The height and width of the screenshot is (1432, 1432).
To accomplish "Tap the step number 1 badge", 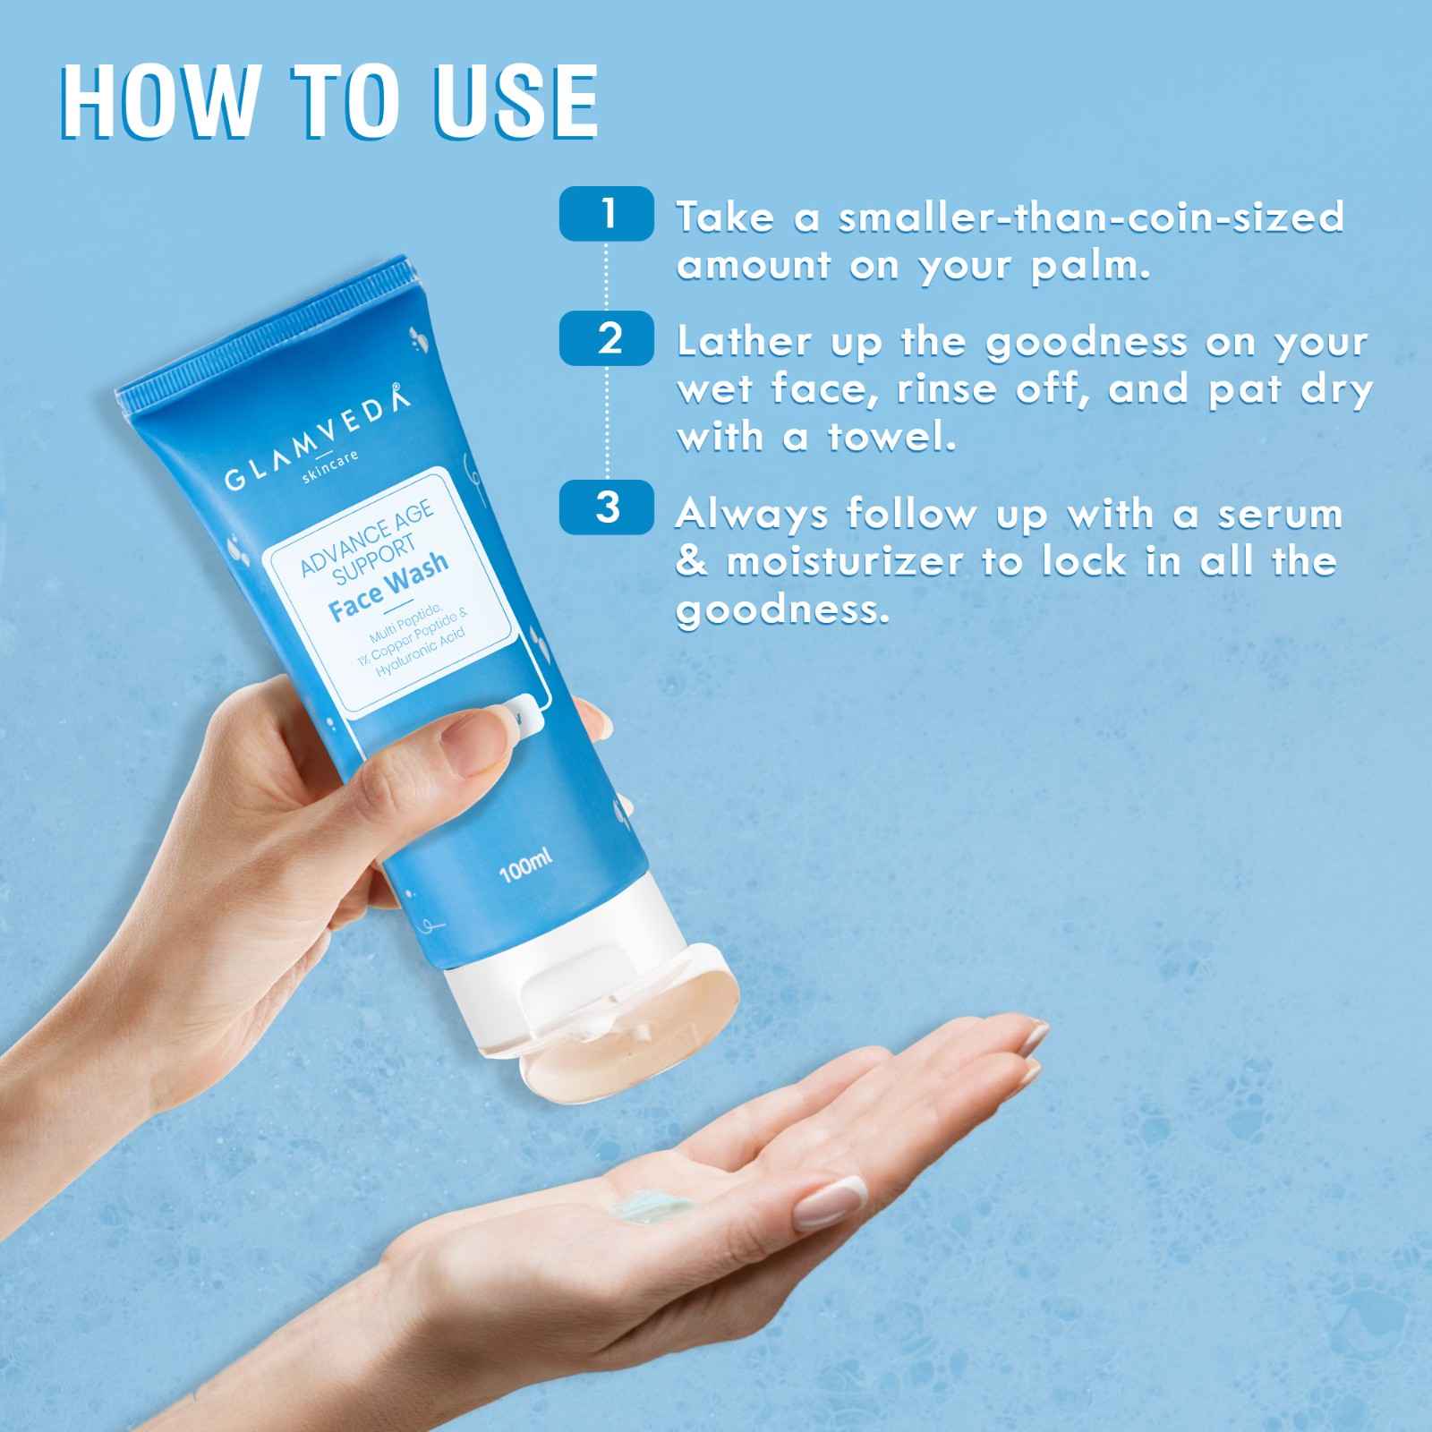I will click(x=607, y=213).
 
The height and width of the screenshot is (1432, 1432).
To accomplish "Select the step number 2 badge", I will click(x=607, y=338).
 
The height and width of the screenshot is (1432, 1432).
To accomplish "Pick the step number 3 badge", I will click(x=607, y=507).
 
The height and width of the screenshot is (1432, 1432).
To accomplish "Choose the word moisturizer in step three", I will click(x=832, y=563).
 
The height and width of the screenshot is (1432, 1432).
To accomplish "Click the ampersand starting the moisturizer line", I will click(x=692, y=563).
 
